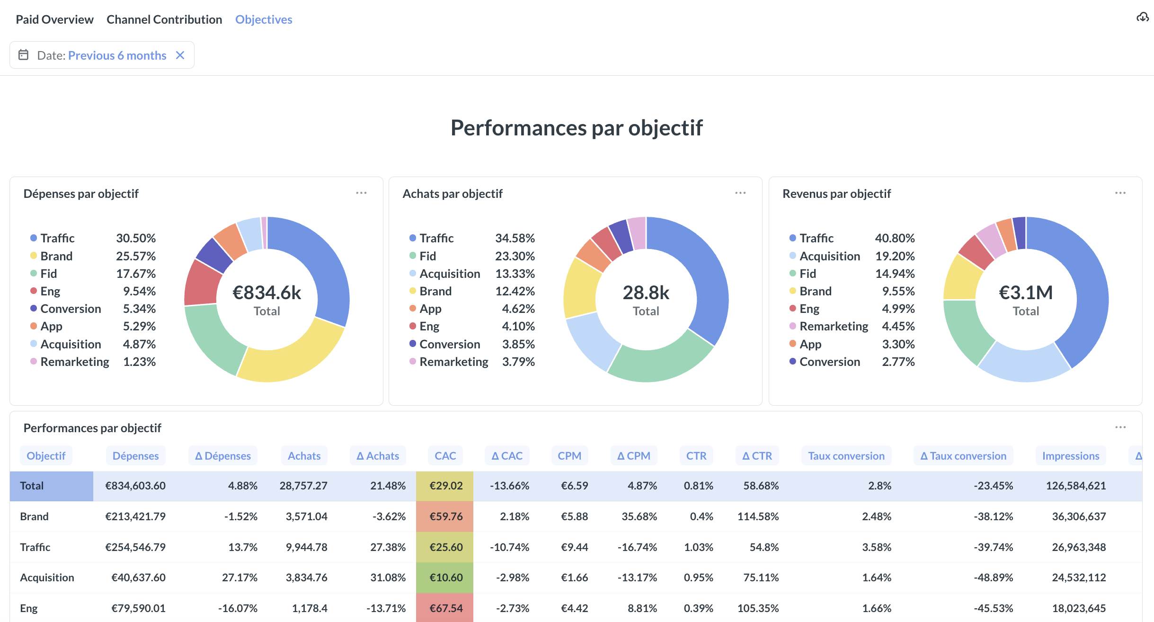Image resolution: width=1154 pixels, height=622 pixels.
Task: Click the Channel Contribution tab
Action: (164, 19)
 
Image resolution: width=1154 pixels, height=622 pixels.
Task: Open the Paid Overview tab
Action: (54, 19)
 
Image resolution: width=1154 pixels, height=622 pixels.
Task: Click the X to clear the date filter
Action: (180, 55)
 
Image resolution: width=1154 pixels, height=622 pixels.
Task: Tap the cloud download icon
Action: (1142, 18)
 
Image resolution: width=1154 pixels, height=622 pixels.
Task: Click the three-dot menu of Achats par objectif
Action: (740, 193)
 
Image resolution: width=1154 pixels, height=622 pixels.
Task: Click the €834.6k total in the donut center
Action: (267, 293)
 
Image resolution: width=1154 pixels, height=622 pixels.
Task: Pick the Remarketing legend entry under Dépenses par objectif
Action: (75, 362)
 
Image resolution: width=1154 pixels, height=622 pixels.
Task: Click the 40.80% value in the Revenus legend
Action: (895, 238)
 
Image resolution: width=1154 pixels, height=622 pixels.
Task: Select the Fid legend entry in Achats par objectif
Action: (428, 256)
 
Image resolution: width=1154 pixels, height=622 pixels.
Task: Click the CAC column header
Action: (445, 456)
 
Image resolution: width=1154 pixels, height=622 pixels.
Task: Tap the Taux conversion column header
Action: (846, 456)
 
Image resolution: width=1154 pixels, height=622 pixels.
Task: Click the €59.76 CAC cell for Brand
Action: (445, 516)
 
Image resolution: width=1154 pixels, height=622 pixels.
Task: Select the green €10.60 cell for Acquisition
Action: (445, 578)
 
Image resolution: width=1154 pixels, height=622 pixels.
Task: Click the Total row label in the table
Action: (32, 486)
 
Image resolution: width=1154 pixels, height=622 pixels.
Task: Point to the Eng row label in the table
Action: (29, 608)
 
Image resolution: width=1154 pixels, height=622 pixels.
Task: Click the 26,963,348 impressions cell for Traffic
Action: (1078, 547)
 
